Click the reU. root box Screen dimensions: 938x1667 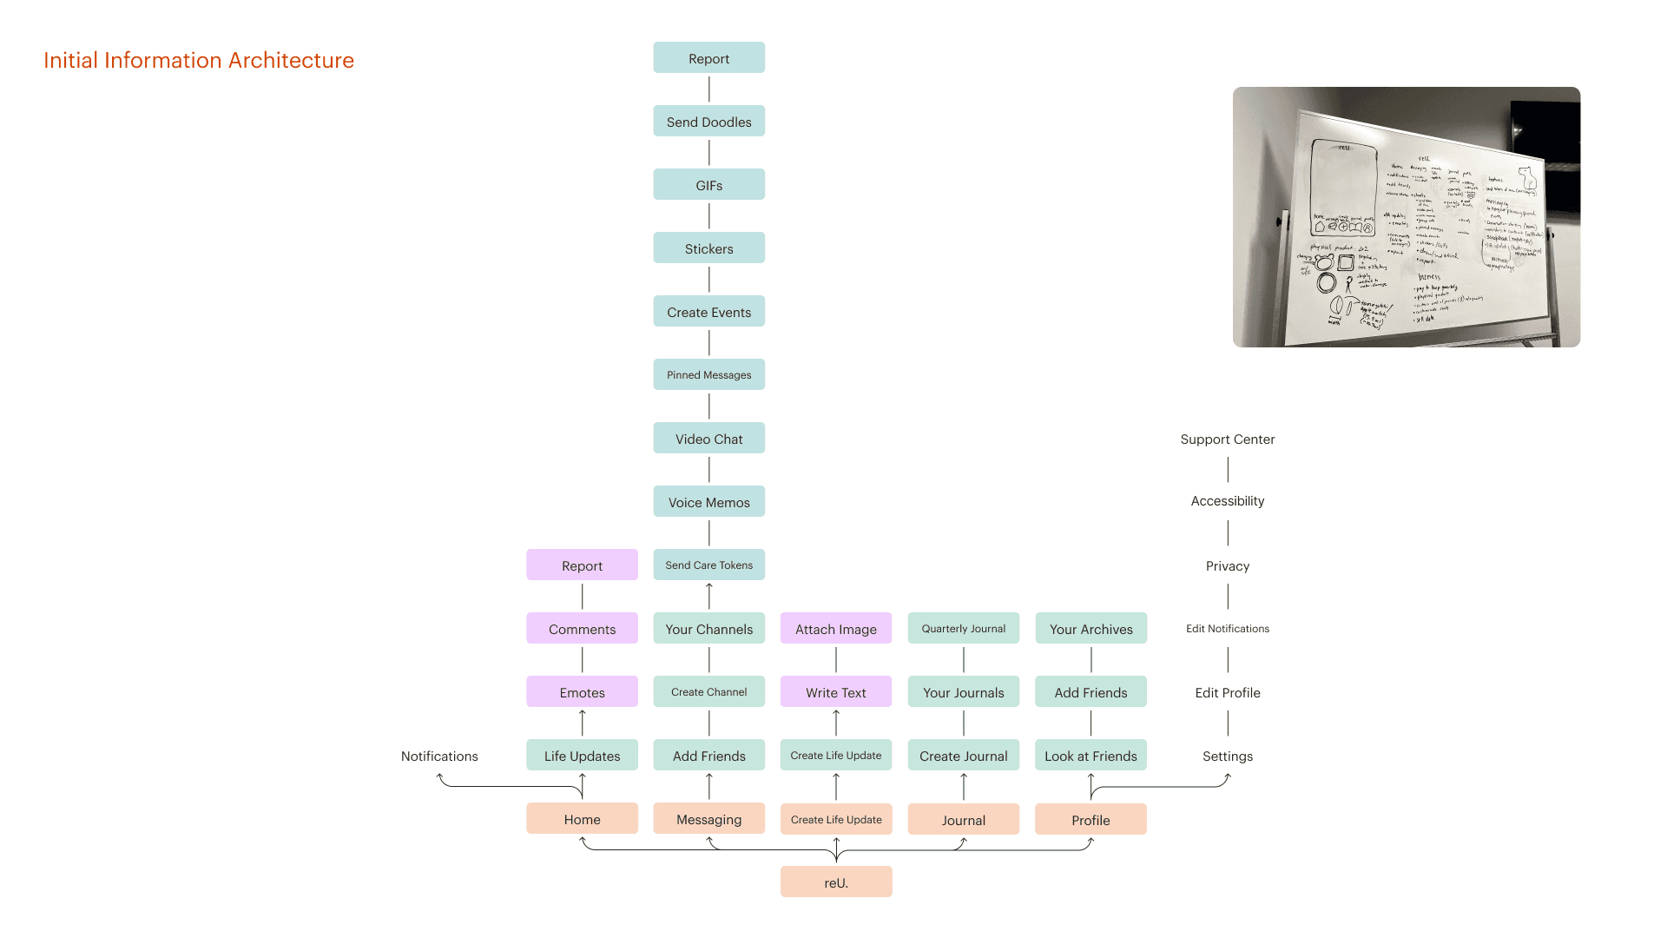[x=835, y=882]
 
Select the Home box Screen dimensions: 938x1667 [x=582, y=819]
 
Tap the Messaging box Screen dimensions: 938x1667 [x=708, y=819]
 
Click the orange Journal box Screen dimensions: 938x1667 [x=963, y=819]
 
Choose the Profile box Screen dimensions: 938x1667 [x=1090, y=819]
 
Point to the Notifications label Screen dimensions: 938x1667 [x=439, y=756]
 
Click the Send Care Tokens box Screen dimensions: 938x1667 [x=708, y=565]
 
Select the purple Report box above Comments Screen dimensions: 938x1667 [x=582, y=565]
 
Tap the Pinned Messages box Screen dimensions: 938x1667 [x=708, y=374]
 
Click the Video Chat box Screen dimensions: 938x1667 [x=708, y=439]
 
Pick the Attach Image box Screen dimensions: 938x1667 [x=835, y=629]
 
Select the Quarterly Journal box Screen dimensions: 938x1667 [x=963, y=628]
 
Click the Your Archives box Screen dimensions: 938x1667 [x=1090, y=629]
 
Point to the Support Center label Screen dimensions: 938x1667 [x=1227, y=439]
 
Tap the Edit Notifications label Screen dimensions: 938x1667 [x=1227, y=628]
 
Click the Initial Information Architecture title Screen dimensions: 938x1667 [x=199, y=60]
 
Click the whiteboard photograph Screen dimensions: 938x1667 [x=1406, y=217]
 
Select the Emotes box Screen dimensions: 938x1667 [x=582, y=692]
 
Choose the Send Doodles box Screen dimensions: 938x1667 [x=708, y=122]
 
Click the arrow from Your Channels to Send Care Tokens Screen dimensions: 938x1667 [x=708, y=596]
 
